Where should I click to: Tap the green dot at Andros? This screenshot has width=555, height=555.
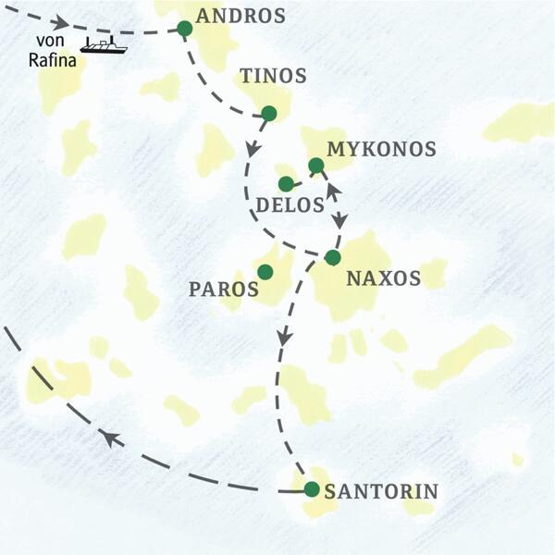184,29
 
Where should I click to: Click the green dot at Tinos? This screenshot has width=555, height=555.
268,113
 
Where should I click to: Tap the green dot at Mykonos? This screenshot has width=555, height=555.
315,166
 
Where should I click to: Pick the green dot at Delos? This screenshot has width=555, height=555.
286,184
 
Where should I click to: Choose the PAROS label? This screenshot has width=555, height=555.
223,289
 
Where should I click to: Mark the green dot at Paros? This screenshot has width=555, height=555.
265,272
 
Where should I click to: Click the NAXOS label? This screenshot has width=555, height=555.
382,277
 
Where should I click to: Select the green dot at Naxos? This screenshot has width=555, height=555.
332,257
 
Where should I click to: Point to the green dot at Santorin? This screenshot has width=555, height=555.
312,489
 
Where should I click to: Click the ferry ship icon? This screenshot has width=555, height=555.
103,44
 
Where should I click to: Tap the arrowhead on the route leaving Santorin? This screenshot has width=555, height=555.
110,438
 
